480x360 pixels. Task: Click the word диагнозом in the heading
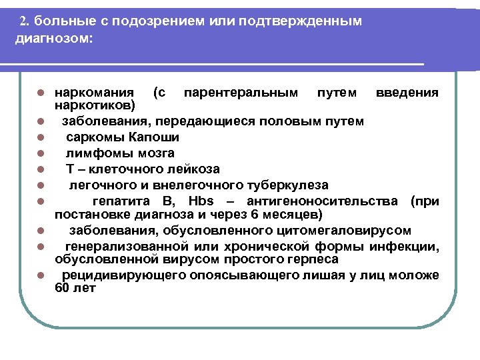(54, 38)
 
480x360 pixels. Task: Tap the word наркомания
(93, 93)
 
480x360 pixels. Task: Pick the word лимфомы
(91, 153)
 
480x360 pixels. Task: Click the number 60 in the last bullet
(62, 288)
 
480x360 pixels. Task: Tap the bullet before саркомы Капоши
(41, 138)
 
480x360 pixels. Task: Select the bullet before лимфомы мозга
(41, 154)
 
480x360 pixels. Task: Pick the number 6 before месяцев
(267, 214)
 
